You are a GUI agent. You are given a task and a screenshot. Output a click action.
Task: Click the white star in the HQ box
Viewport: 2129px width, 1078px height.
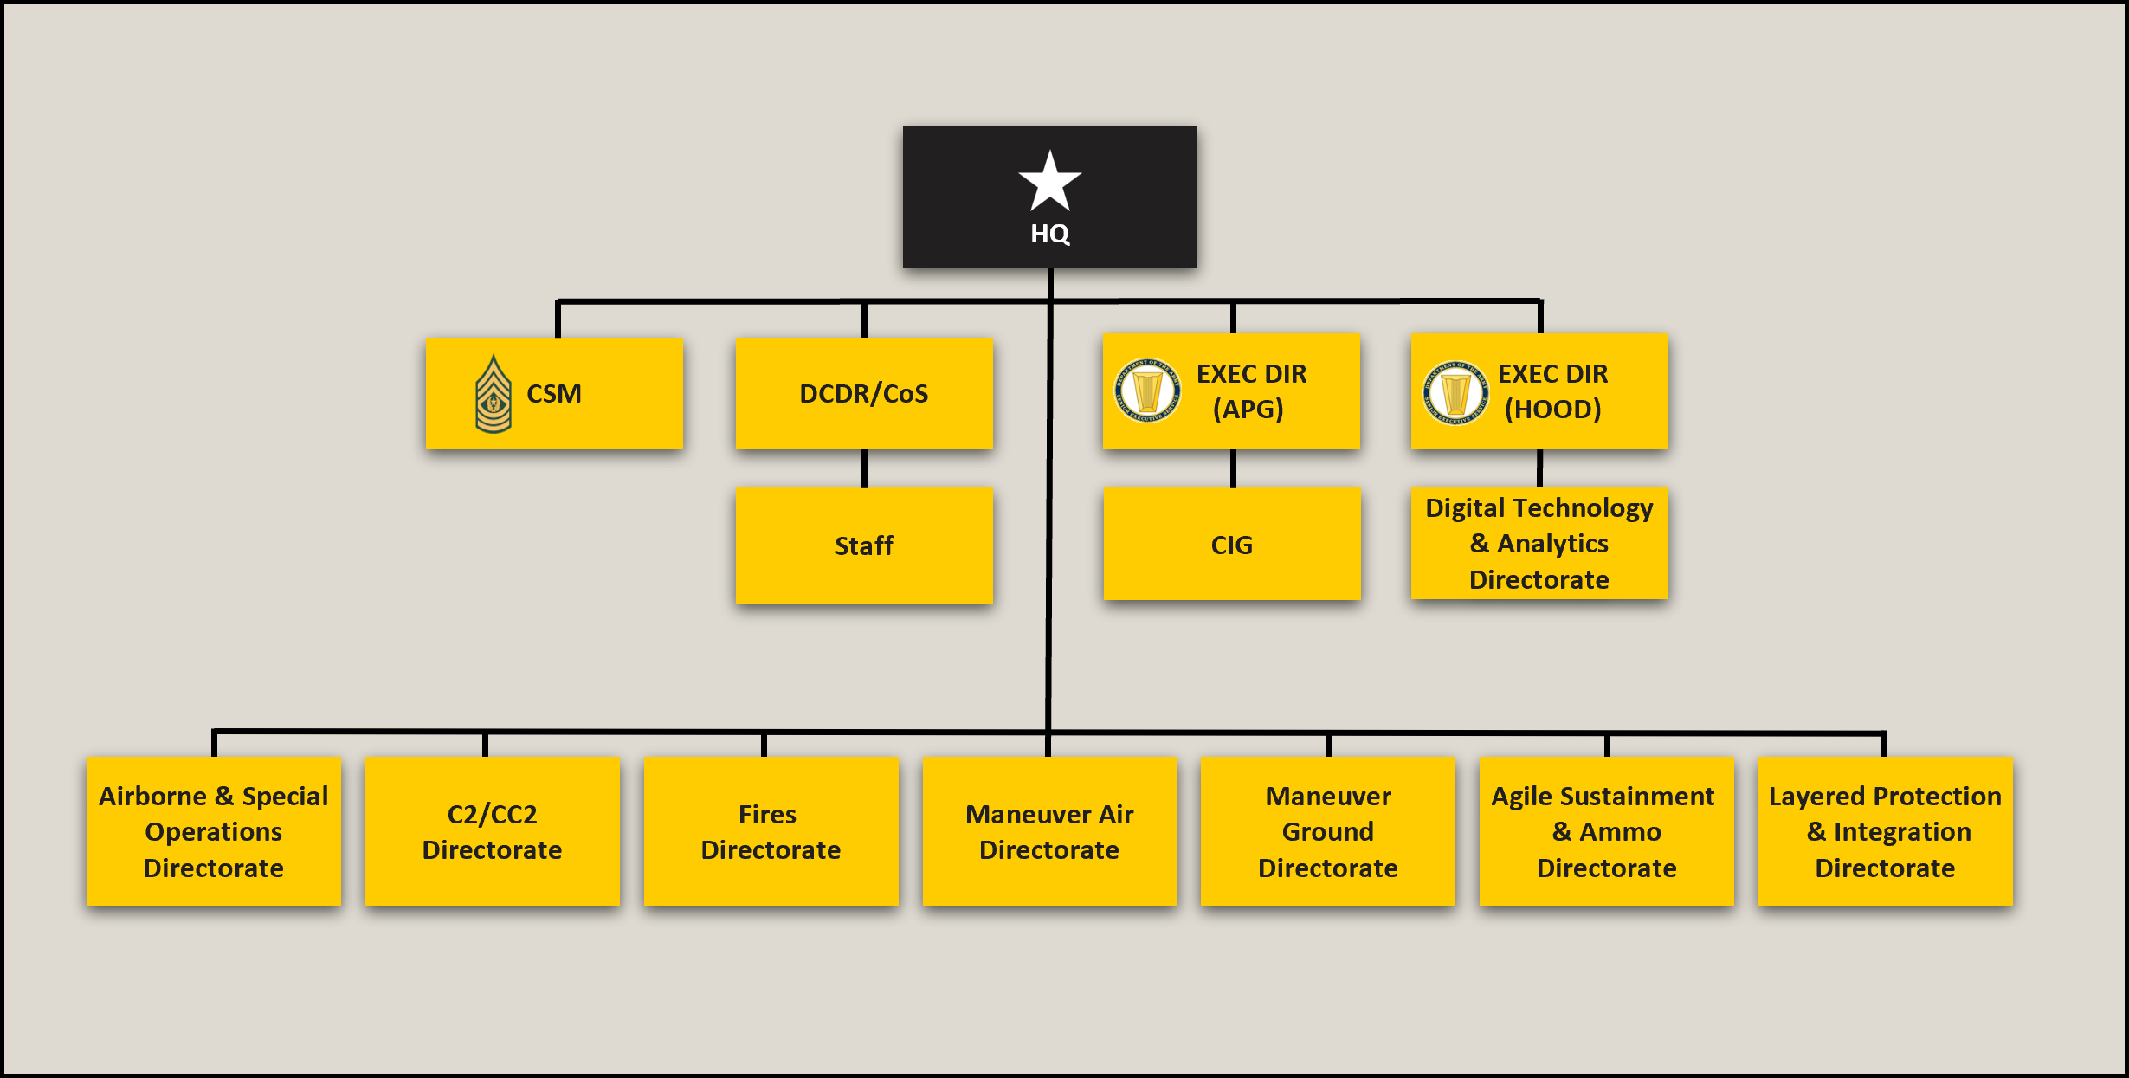[x=1049, y=182]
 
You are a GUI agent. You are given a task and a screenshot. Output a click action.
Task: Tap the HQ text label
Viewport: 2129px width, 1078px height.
[x=1049, y=234]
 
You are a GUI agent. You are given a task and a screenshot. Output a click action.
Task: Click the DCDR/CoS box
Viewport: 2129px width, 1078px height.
[x=864, y=393]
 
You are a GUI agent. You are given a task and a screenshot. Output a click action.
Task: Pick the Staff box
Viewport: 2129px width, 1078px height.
[x=864, y=545]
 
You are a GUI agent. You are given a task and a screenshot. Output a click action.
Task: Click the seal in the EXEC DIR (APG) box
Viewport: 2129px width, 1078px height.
[x=1147, y=391]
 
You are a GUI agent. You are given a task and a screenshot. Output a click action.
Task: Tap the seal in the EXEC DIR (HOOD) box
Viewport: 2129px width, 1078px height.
[x=1456, y=392]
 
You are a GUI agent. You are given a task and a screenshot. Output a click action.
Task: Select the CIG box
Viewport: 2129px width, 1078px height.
[x=1232, y=544]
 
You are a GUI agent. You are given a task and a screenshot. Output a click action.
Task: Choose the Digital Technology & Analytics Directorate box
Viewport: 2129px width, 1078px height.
[x=1539, y=543]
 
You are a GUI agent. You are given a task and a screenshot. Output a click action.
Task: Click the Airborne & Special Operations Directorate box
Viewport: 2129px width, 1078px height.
[x=214, y=831]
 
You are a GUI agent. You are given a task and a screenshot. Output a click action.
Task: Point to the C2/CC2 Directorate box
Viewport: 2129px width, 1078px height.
[x=493, y=831]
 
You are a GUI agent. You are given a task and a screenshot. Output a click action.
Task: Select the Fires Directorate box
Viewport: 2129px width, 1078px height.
[x=771, y=831]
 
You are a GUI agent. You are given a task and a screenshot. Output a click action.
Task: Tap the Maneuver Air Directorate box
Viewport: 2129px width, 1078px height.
[x=1050, y=831]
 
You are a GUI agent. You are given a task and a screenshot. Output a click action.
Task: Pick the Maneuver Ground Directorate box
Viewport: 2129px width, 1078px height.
[x=1328, y=831]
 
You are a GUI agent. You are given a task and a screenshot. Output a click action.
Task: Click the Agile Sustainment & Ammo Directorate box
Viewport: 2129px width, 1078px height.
[x=1607, y=831]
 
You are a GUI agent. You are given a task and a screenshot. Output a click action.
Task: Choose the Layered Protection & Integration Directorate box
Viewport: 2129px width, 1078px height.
[x=1886, y=831]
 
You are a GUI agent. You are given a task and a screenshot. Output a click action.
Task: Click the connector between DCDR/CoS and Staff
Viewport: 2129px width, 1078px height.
[x=864, y=468]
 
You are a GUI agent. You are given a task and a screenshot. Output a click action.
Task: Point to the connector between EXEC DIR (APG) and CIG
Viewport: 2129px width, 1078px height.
[x=1233, y=468]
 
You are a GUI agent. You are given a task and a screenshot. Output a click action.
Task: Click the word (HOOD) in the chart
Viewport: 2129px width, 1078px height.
[x=1553, y=410]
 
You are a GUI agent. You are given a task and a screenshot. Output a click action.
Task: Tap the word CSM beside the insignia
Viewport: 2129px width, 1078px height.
[x=554, y=394]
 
